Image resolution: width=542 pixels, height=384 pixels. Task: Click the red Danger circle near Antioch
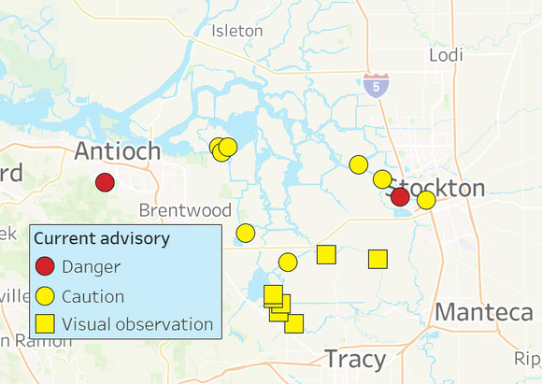click(105, 182)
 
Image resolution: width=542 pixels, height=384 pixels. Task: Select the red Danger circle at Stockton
click(400, 196)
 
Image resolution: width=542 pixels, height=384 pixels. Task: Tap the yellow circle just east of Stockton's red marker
click(426, 200)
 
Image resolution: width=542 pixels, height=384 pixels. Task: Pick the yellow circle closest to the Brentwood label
click(246, 233)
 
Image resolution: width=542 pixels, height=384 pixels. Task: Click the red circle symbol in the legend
click(46, 266)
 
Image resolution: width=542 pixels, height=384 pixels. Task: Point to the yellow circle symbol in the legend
click(46, 296)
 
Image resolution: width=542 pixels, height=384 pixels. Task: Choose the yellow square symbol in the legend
click(46, 325)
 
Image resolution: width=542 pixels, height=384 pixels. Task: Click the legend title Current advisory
click(102, 238)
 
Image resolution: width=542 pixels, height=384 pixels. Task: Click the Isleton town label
click(237, 31)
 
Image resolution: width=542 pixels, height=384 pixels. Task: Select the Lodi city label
click(446, 55)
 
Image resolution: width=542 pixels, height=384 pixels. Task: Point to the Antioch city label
click(118, 150)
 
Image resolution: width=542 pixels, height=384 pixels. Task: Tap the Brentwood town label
click(185, 209)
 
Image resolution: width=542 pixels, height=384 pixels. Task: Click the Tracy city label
click(355, 359)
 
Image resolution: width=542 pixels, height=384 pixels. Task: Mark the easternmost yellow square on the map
click(378, 259)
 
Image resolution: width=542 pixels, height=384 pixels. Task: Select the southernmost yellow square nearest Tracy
click(293, 324)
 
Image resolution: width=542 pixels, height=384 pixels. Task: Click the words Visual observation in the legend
click(138, 325)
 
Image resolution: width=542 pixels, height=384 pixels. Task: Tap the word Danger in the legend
click(92, 266)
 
